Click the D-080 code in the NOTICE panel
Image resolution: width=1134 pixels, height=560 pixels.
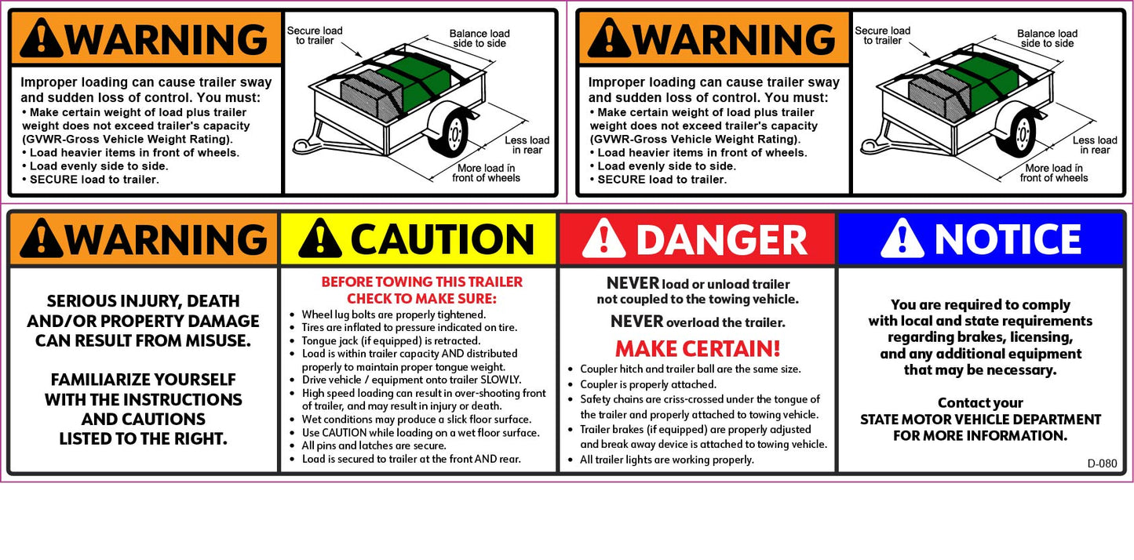click(1102, 464)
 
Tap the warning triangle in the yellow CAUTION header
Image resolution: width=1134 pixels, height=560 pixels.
click(320, 238)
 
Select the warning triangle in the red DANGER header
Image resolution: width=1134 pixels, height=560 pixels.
click(603, 238)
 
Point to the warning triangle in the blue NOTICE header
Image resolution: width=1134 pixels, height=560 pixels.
click(902, 238)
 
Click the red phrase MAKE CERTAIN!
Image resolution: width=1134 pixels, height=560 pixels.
click(698, 348)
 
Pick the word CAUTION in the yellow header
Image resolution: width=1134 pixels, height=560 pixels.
click(442, 239)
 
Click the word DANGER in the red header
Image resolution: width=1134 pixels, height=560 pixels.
click(721, 239)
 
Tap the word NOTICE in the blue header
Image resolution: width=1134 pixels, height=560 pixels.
click(1008, 239)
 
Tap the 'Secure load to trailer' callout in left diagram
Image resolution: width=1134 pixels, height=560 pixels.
click(315, 36)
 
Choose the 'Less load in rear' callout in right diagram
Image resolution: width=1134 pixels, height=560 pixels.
click(1095, 145)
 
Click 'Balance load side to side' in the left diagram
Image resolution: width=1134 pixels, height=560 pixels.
click(479, 38)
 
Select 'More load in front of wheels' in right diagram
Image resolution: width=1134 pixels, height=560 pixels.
click(1054, 173)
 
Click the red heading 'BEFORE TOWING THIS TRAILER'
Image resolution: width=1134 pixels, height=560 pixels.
click(421, 282)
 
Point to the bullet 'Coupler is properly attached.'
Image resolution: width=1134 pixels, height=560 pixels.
click(647, 384)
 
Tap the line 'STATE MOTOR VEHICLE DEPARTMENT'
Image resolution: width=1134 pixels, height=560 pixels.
click(980, 420)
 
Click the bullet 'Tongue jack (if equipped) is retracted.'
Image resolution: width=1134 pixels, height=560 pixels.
click(391, 341)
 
